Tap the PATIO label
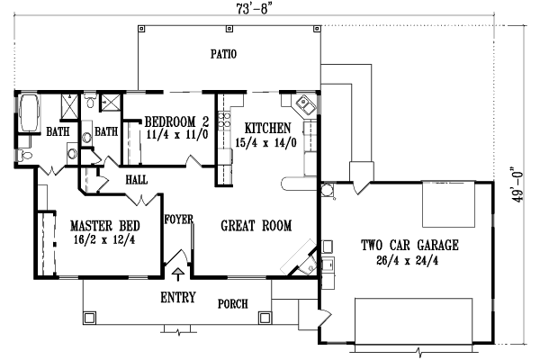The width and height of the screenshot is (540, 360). click(x=223, y=54)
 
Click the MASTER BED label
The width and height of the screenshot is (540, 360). click(x=92, y=225)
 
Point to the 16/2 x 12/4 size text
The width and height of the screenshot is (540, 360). click(x=92, y=238)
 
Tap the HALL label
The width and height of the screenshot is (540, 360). click(x=137, y=180)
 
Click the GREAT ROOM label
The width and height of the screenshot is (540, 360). click(x=256, y=227)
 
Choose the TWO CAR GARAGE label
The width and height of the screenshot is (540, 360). click(x=410, y=245)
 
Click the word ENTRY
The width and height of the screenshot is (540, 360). click(x=179, y=297)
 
